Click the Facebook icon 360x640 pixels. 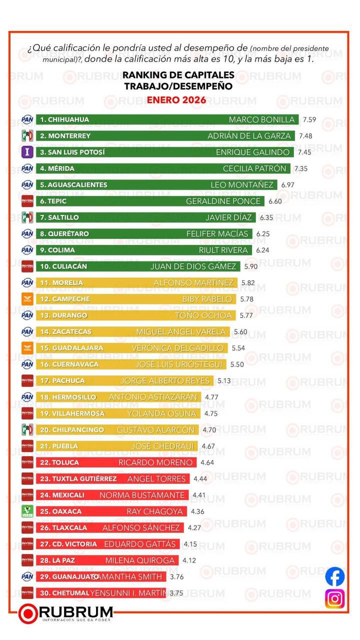click(x=335, y=576)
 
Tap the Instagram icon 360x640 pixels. click(x=335, y=598)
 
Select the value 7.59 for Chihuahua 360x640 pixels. click(x=310, y=120)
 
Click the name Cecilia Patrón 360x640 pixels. click(x=254, y=168)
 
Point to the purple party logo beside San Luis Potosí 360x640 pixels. click(x=27, y=152)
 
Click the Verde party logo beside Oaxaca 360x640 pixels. click(x=27, y=511)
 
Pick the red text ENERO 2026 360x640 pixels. click(x=176, y=100)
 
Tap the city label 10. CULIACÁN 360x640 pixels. click(x=63, y=266)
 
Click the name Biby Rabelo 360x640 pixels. click(x=207, y=299)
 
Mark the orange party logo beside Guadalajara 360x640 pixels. click(x=27, y=348)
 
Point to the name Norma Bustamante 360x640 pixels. click(x=142, y=495)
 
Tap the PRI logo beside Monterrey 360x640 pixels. click(x=27, y=135)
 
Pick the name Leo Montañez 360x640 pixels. click(x=242, y=185)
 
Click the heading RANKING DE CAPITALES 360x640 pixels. click(x=178, y=75)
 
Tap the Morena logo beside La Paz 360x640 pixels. click(x=27, y=560)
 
